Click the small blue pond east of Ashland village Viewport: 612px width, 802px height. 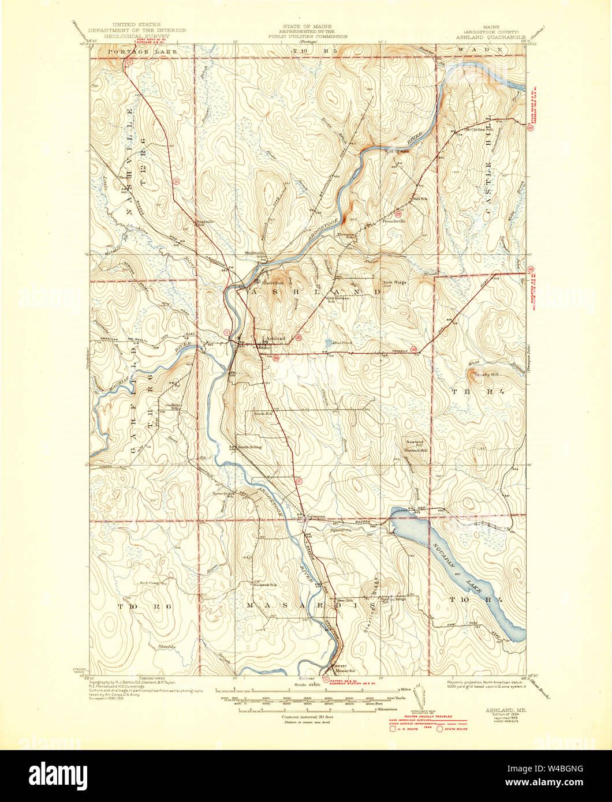[328, 342]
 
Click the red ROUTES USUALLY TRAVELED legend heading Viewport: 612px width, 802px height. [427, 716]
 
